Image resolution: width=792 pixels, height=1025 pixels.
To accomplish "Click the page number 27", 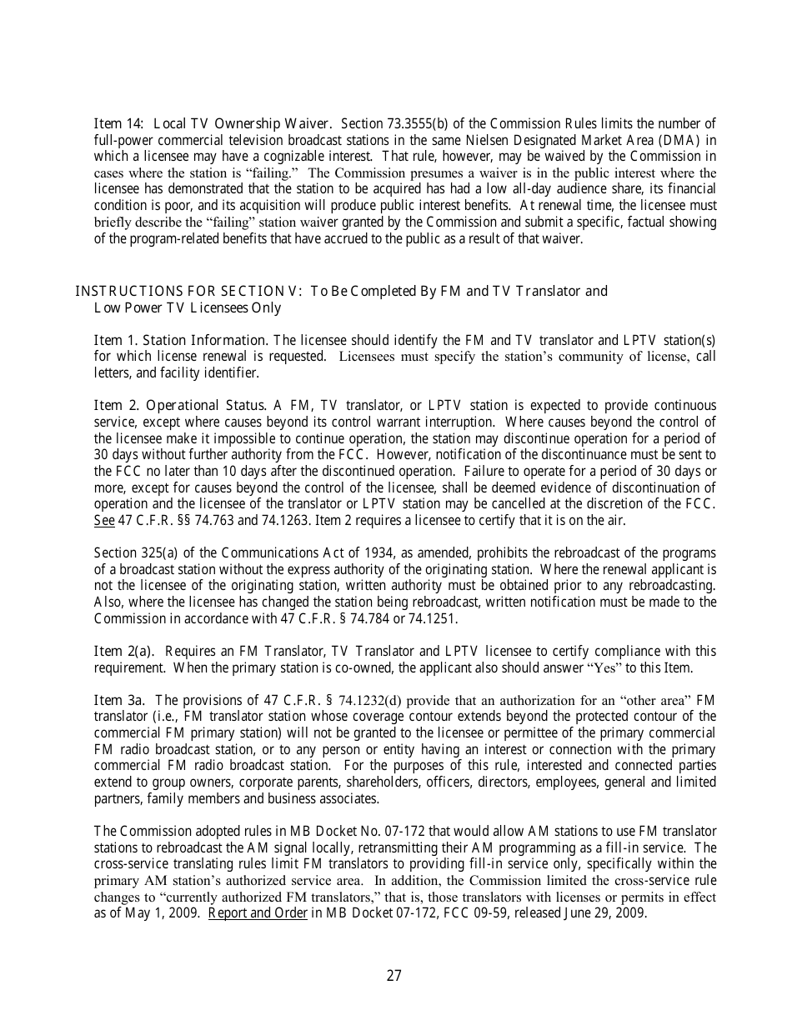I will point(394,976).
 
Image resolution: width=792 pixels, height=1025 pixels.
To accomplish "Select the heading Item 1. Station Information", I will point(181,340).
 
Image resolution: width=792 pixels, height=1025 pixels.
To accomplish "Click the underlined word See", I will point(103,520).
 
